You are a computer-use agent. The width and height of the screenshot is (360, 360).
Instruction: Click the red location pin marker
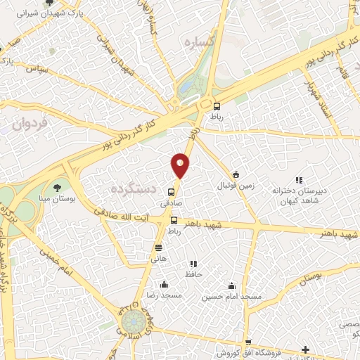tap(180, 165)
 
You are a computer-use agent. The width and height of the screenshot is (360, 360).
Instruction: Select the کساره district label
tap(198, 43)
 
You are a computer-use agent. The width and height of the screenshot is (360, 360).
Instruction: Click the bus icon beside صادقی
tap(171, 192)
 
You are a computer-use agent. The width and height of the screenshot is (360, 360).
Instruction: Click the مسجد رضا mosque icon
tap(164, 285)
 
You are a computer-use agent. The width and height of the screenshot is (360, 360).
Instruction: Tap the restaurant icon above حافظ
tap(191, 264)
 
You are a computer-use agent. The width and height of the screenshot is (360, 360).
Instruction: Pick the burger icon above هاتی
tap(158, 247)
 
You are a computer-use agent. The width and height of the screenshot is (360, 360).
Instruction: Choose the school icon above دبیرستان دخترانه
tap(299, 181)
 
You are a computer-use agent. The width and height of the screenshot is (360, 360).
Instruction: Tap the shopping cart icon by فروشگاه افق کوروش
tap(304, 350)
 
